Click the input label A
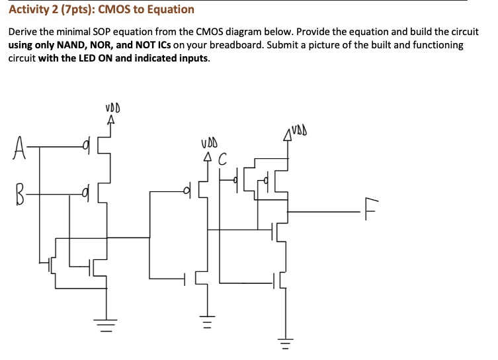(19, 148)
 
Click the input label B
(20, 194)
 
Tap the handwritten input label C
(223, 159)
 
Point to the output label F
(371, 208)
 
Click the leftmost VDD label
(112, 108)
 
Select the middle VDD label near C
(209, 144)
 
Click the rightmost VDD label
(299, 130)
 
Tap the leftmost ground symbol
(106, 326)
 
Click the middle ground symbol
(207, 322)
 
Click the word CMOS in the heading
(114, 9)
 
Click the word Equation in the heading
(171, 10)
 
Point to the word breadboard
(236, 45)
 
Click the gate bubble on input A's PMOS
(85, 147)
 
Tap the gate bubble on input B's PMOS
(84, 192)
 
